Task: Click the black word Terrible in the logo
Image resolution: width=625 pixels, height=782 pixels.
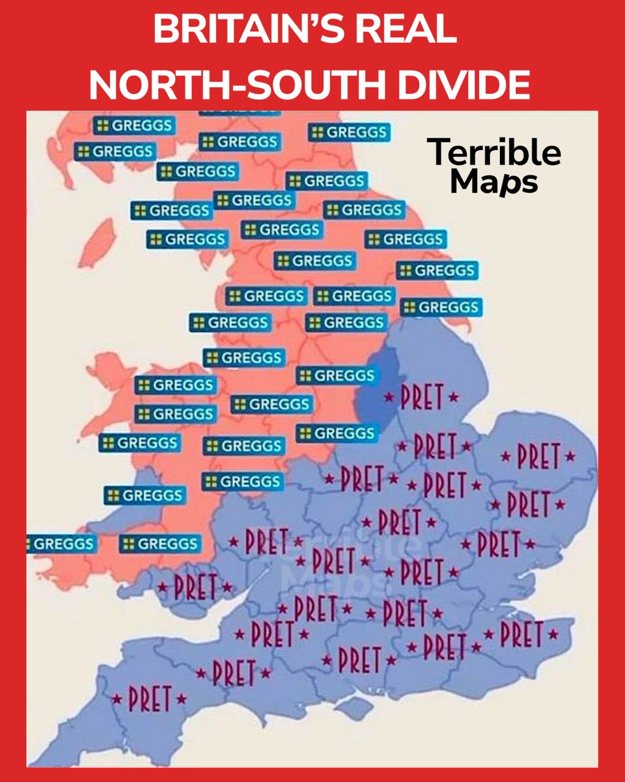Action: [x=494, y=152]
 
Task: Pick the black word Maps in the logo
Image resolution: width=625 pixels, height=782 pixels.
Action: [x=494, y=182]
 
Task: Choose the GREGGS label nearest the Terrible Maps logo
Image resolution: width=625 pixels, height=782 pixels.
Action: [x=349, y=132]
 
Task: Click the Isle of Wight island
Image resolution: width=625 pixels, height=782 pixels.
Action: [x=355, y=708]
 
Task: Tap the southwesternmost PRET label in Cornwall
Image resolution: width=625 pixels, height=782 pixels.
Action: [x=149, y=699]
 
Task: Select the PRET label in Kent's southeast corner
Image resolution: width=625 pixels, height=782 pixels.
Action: [x=521, y=634]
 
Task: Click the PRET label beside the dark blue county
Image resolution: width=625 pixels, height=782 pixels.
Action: [x=421, y=396]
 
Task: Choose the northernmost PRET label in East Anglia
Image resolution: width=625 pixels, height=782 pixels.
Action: [x=538, y=456]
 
